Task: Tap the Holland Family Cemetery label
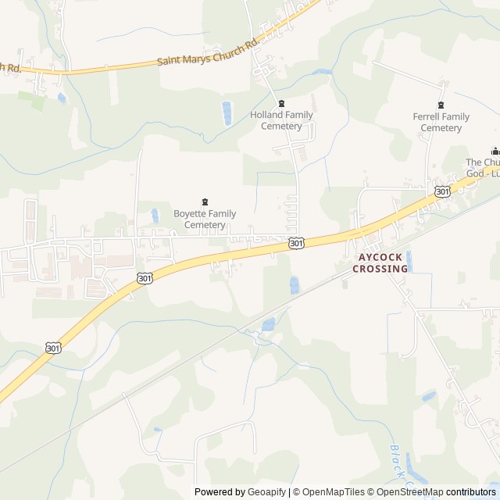pyautogui.click(x=281, y=120)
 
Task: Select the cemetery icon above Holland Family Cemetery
pyautogui.click(x=282, y=103)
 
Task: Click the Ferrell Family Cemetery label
pyautogui.click(x=441, y=123)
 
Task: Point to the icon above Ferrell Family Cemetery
pyautogui.click(x=441, y=105)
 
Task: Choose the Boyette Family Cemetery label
pyautogui.click(x=205, y=220)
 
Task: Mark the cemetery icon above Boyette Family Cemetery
pyautogui.click(x=205, y=202)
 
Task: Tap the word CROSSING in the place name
pyautogui.click(x=380, y=269)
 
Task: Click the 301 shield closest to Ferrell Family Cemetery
pyautogui.click(x=442, y=191)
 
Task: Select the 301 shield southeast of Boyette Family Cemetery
pyautogui.click(x=296, y=244)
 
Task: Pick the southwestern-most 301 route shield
pyautogui.click(x=52, y=348)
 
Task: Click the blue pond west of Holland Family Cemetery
pyautogui.click(x=227, y=113)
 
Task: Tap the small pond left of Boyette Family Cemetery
pyautogui.click(x=155, y=215)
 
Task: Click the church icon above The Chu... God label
pyautogui.click(x=494, y=151)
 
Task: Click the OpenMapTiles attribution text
pyautogui.click(x=332, y=492)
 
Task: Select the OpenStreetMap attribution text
pyautogui.click(x=409, y=492)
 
